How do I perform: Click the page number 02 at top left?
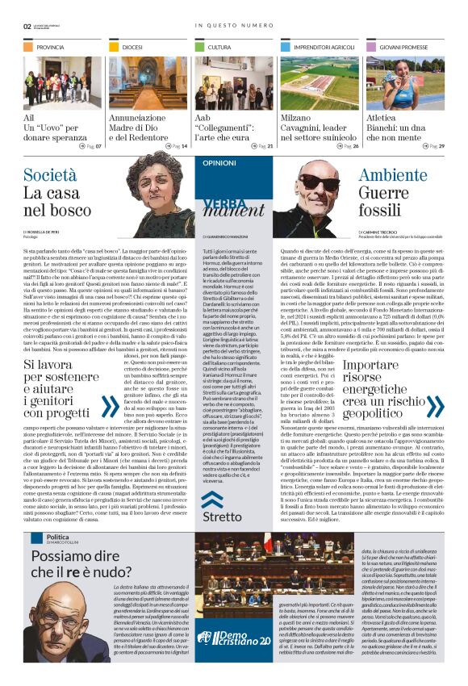pos(27,26)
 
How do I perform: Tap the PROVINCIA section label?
pos(50,48)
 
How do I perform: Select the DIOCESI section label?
pos(132,48)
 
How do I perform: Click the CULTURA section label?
pos(219,48)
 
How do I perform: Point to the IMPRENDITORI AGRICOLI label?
pos(320,48)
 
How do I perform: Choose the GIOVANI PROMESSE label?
pos(404,48)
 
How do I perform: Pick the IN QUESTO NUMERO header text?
pos(234,26)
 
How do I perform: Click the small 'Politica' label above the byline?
pos(57,538)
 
